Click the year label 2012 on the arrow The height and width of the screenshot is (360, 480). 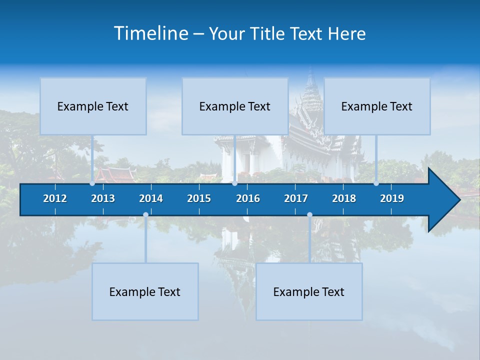point(55,198)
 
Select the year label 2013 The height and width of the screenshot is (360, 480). point(103,198)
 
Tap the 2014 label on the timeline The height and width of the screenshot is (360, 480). point(151,198)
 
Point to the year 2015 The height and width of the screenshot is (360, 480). point(199,198)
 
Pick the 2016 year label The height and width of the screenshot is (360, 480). point(248,198)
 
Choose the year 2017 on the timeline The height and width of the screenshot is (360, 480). point(296,198)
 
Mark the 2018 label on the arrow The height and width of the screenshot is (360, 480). point(344,198)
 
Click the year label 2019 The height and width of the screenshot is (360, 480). point(392,198)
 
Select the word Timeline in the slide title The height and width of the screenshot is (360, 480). point(151,33)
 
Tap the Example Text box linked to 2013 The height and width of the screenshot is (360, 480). point(93,106)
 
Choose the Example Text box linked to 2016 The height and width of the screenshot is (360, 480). point(235,106)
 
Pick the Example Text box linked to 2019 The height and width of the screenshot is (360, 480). point(377,106)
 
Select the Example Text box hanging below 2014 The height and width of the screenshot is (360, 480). point(145,291)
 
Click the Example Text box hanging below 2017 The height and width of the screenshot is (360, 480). point(309,291)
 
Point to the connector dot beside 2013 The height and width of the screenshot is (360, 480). point(92,183)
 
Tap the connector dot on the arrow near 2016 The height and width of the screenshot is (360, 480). point(234,183)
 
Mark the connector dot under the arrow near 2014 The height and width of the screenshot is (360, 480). point(145,215)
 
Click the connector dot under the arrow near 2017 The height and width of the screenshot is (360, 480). point(309,215)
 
